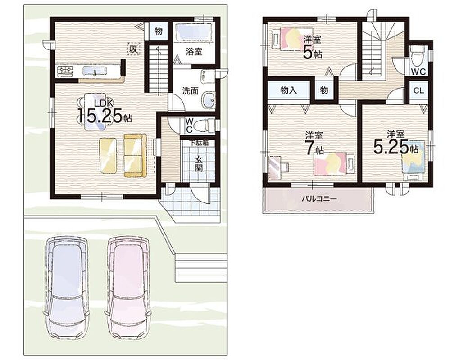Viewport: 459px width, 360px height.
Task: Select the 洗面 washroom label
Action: (190, 91)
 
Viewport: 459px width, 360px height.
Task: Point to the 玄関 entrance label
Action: (199, 164)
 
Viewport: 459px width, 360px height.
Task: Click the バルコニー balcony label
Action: (319, 199)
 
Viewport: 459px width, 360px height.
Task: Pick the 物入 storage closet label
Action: (289, 90)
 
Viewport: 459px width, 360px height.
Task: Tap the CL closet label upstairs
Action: (418, 90)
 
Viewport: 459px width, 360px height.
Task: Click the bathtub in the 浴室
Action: (194, 33)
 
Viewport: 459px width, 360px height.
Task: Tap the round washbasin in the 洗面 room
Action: (209, 100)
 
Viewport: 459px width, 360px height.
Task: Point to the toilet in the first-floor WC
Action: (205, 125)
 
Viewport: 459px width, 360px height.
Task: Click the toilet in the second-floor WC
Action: (416, 58)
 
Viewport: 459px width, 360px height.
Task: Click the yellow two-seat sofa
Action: (135, 155)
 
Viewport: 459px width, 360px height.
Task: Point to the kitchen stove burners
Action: (65, 71)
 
